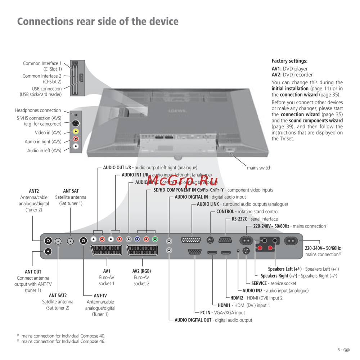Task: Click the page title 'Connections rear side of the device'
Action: click(x=98, y=21)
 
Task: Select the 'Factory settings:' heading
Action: click(x=289, y=61)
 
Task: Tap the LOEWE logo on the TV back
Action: click(x=177, y=111)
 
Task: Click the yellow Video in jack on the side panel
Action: click(x=76, y=131)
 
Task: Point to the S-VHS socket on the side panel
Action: click(x=76, y=123)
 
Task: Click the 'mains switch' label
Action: click(x=259, y=168)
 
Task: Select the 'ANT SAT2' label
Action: click(x=58, y=296)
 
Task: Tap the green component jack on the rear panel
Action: click(x=155, y=239)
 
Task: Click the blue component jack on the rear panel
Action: click(x=137, y=239)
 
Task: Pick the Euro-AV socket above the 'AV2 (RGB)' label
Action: click(x=142, y=250)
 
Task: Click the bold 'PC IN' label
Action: click(x=205, y=313)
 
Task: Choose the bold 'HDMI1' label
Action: click(x=225, y=305)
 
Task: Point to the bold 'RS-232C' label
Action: click(x=240, y=219)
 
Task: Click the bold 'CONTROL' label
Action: click(x=225, y=212)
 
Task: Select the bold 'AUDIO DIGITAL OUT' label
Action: click(x=193, y=320)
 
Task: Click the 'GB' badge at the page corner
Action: click(x=347, y=350)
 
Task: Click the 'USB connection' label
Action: click(x=46, y=89)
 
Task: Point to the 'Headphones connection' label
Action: click(x=38, y=111)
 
